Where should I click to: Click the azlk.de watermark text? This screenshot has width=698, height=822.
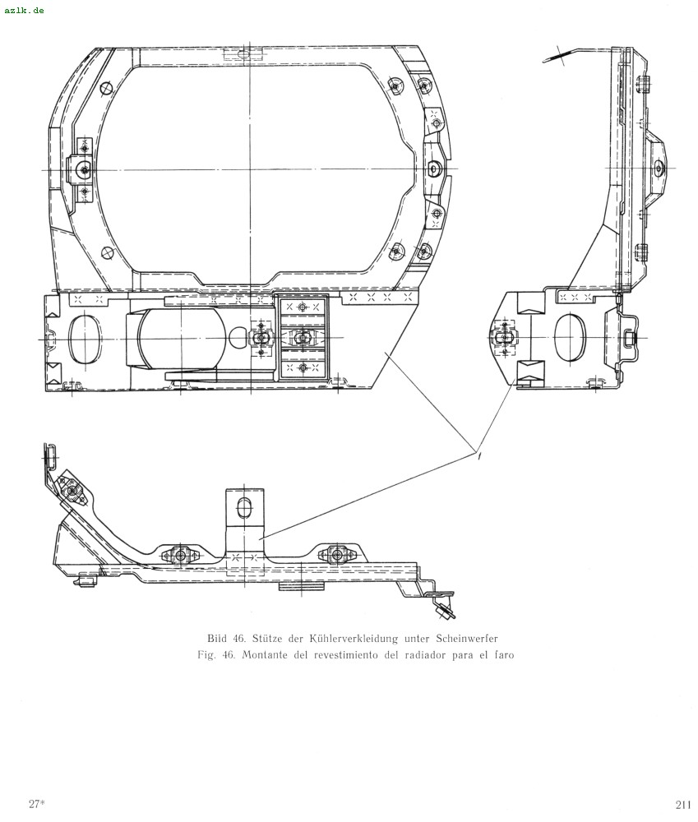tap(24, 10)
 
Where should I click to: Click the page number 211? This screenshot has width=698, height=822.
tap(683, 804)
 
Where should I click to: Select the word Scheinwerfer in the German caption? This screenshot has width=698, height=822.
tap(467, 638)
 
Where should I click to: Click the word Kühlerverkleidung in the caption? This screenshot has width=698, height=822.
tap(354, 638)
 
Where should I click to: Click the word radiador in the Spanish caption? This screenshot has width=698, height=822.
tap(425, 655)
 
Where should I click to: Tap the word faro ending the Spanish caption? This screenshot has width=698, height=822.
tap(504, 655)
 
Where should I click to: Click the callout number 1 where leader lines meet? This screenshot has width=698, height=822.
tap(479, 456)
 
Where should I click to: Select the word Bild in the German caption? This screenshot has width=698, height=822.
tap(217, 638)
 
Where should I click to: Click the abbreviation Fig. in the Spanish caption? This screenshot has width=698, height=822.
tap(206, 655)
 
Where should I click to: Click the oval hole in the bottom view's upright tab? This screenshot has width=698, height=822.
tap(244, 508)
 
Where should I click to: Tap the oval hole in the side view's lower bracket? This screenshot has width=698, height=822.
tap(569, 338)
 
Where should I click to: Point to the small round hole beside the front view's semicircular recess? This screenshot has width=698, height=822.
tap(238, 338)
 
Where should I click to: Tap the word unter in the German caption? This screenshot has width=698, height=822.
tap(417, 639)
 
